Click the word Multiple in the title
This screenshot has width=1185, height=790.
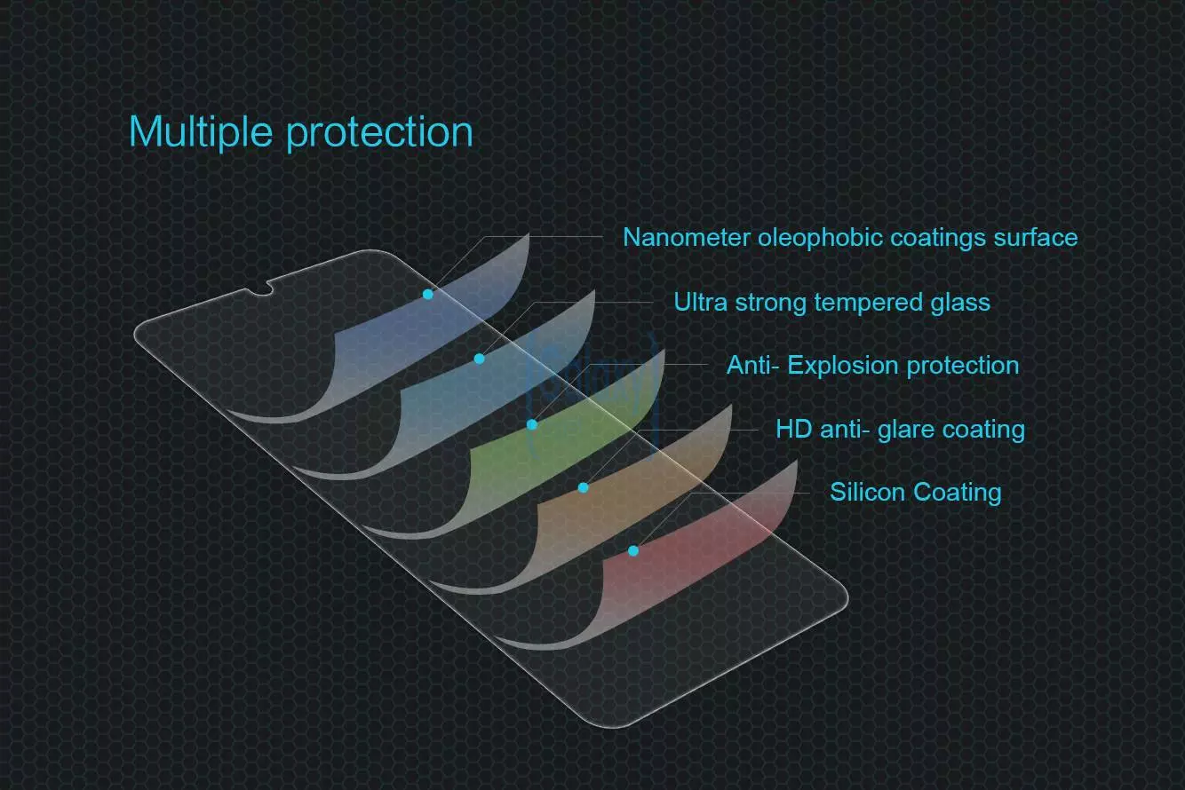201,132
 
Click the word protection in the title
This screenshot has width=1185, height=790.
379,133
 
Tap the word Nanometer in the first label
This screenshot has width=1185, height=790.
687,238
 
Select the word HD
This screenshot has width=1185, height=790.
793,430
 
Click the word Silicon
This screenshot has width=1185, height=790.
867,492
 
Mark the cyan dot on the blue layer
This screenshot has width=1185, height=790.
428,294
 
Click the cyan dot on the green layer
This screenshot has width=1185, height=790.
532,424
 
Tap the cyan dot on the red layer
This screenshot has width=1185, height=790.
633,551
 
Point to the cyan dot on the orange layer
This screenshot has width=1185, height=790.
584,487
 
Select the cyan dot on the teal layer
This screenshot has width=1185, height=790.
480,359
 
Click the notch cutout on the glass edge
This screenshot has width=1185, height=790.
260,288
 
